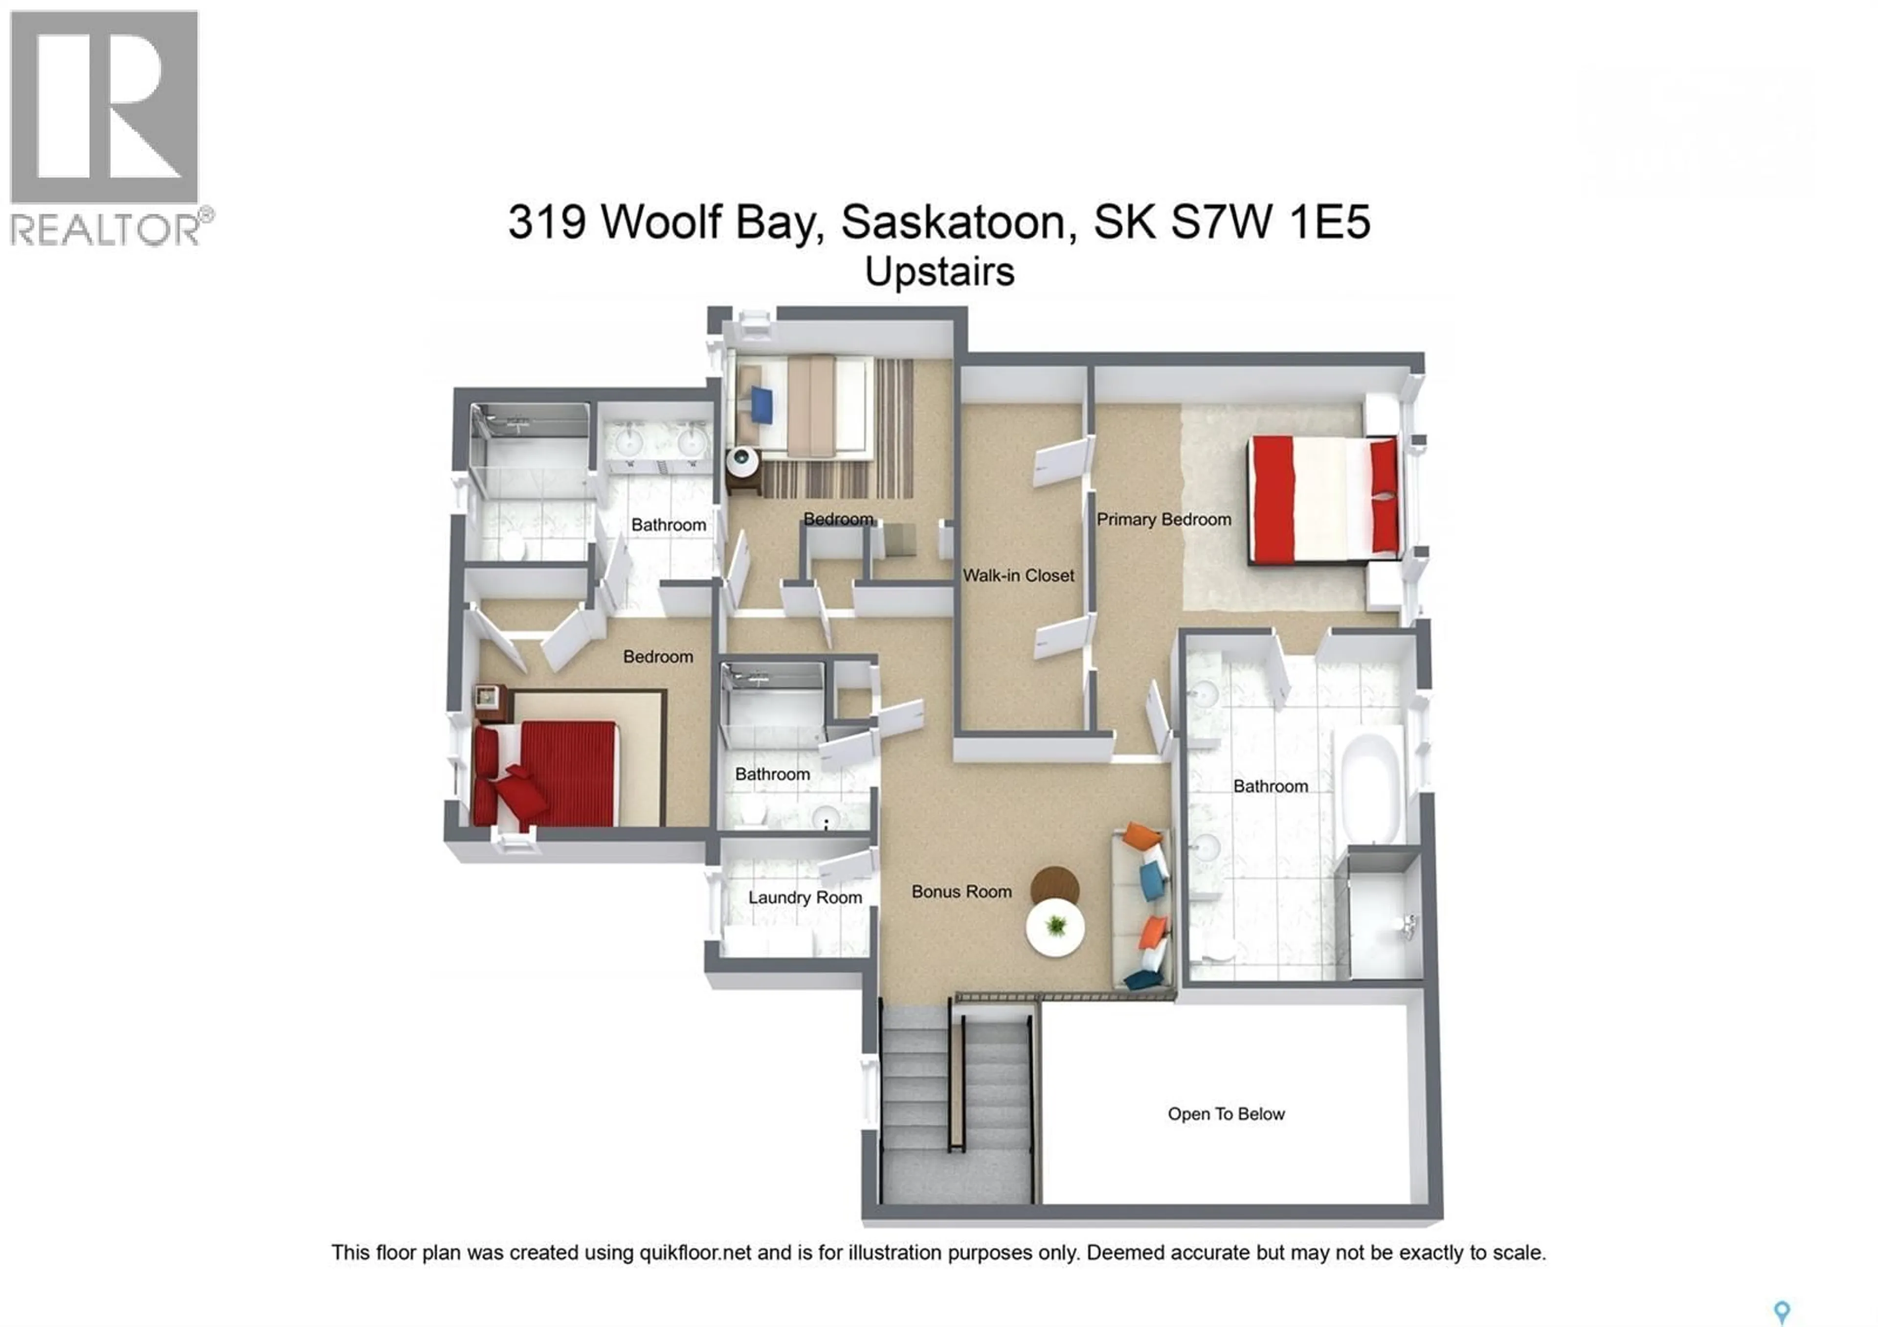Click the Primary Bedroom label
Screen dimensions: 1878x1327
click(1163, 520)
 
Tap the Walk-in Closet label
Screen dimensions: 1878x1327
click(1018, 575)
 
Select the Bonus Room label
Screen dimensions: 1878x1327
click(961, 892)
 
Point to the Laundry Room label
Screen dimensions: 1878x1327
click(805, 897)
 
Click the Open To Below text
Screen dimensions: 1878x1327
click(1226, 1114)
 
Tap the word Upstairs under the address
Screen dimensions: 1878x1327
click(940, 272)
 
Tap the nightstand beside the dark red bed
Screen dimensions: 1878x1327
click(491, 703)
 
